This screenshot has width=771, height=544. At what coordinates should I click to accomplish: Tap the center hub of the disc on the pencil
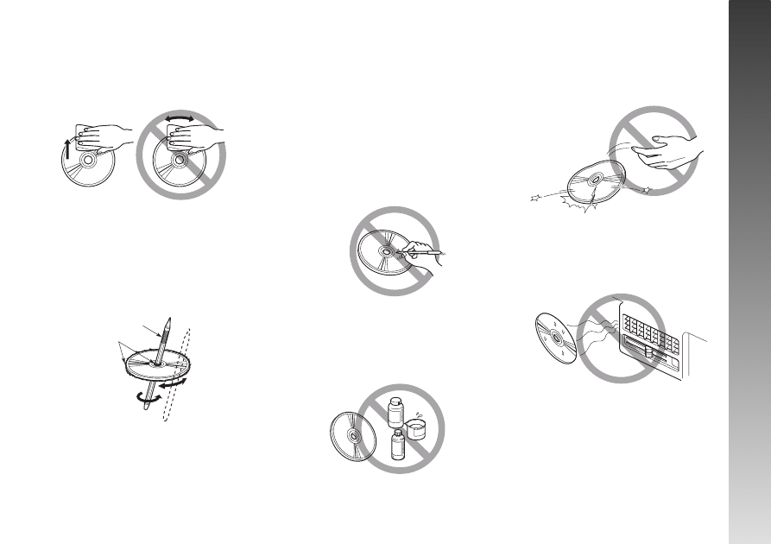pyautogui.click(x=153, y=364)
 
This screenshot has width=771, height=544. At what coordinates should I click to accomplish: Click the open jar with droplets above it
pyautogui.click(x=416, y=426)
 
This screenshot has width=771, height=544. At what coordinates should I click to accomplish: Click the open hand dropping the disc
pyautogui.click(x=664, y=152)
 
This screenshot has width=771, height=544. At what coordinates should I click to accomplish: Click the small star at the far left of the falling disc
pyautogui.click(x=535, y=199)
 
